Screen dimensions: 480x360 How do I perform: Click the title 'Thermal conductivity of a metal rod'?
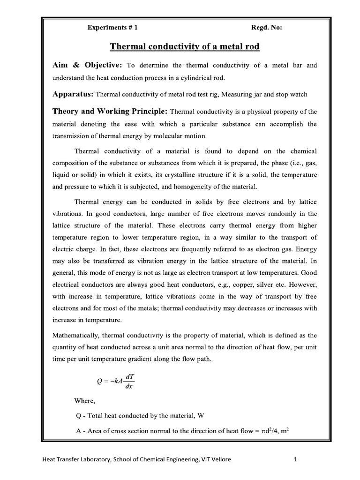pos(184,47)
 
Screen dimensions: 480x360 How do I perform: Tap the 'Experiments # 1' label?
pos(112,28)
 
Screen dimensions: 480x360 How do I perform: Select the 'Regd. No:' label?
pos(267,28)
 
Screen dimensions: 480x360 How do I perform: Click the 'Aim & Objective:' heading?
pos(88,65)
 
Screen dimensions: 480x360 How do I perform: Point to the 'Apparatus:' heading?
pos(74,94)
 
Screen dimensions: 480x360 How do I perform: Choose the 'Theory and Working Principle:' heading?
pos(110,112)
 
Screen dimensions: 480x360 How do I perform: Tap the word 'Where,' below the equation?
pos(84,401)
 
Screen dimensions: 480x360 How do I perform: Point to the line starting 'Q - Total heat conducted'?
pos(139,416)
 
